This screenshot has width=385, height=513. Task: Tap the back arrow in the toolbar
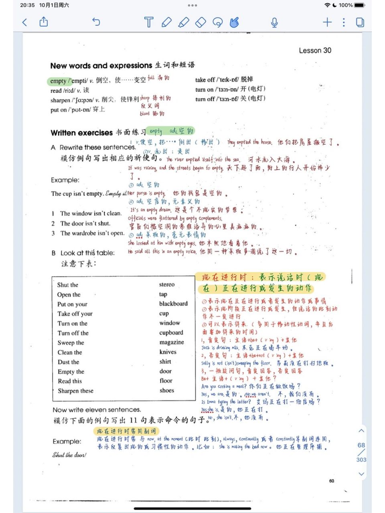25,22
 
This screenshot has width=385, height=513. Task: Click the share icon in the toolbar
44,22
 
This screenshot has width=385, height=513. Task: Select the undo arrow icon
96,22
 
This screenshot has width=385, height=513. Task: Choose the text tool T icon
148,22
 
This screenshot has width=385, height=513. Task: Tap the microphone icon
274,22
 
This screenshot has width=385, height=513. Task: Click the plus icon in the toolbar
327,22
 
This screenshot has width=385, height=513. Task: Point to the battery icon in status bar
359,5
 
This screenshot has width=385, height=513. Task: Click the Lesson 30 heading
315,50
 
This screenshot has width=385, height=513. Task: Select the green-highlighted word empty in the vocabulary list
58,81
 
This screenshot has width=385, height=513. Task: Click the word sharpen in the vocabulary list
60,100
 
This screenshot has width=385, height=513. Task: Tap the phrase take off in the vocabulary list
205,80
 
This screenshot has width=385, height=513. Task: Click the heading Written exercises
81,133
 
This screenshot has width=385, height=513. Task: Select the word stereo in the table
166,285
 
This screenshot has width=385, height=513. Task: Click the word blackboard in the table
173,304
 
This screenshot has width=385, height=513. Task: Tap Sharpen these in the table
75,391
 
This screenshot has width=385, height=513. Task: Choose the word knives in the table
168,352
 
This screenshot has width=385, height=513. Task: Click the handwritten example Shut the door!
69,455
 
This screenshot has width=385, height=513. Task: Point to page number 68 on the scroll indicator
361,445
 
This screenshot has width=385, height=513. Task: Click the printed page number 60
331,481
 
